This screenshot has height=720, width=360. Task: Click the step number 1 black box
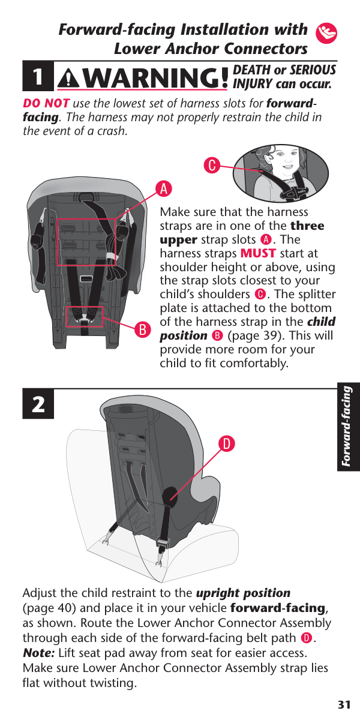click(38, 76)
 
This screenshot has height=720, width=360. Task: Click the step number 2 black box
click(38, 404)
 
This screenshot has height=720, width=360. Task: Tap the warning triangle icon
click(68, 79)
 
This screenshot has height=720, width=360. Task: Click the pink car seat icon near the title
click(326, 33)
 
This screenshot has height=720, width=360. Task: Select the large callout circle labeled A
click(164, 188)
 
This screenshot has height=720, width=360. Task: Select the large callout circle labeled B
click(143, 329)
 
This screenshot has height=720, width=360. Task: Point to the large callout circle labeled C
click(212, 165)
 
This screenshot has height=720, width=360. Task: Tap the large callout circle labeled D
click(227, 443)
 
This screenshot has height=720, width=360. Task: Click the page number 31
click(344, 705)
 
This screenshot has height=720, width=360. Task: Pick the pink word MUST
click(258, 253)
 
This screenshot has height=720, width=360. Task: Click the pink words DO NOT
click(46, 103)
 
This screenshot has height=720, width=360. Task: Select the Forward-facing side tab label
click(347, 426)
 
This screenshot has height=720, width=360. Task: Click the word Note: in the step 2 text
click(38, 653)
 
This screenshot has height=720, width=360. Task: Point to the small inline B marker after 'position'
click(217, 336)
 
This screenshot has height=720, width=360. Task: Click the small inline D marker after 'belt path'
click(307, 638)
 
